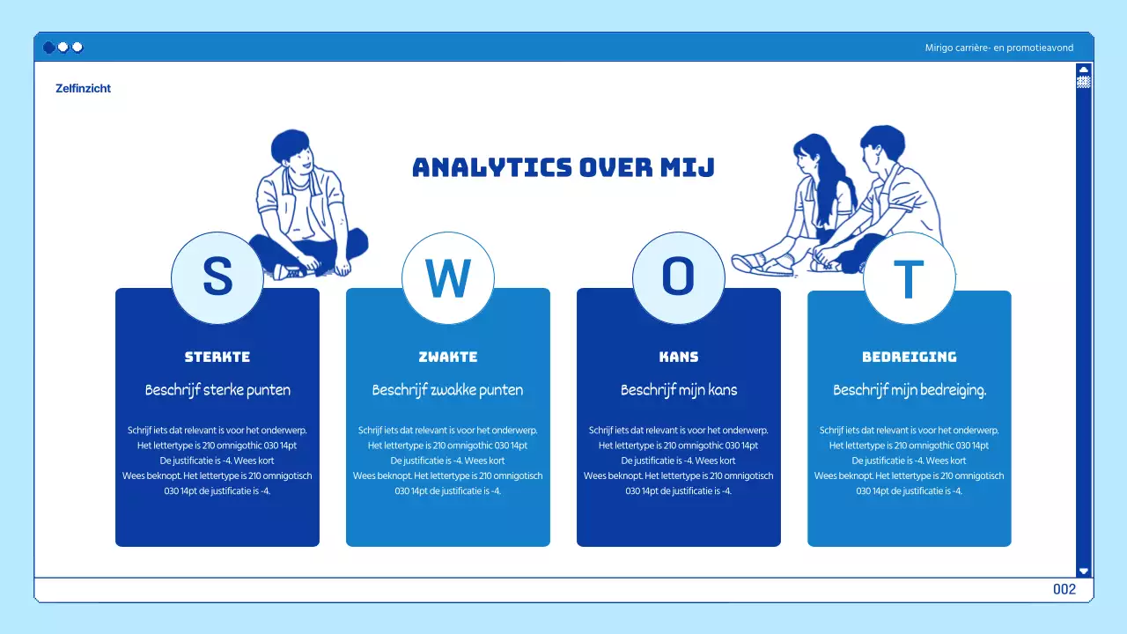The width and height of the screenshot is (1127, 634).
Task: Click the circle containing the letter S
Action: click(217, 277)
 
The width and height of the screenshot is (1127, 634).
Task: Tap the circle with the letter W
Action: click(447, 277)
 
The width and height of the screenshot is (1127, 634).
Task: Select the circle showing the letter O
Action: click(678, 277)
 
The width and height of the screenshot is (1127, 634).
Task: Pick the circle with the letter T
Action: click(909, 278)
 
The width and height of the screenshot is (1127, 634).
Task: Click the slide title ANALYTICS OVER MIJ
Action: click(563, 167)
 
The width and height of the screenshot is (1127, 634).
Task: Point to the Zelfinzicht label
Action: click(83, 88)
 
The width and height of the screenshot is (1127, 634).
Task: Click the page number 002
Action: click(1064, 589)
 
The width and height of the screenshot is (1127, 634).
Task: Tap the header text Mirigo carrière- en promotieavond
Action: click(999, 48)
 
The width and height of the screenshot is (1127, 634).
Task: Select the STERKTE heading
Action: click(217, 357)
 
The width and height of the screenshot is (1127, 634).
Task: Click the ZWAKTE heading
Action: click(448, 357)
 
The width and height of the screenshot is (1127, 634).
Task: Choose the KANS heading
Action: click(679, 357)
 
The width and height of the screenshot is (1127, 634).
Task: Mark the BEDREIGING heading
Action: click(910, 357)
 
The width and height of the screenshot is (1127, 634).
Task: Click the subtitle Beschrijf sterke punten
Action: click(217, 389)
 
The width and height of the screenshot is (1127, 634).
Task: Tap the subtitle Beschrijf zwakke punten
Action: click(447, 389)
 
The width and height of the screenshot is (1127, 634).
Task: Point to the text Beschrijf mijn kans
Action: click(679, 389)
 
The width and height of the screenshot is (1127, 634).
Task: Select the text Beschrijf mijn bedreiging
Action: click(910, 389)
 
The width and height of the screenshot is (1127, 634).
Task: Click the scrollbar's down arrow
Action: click(1084, 571)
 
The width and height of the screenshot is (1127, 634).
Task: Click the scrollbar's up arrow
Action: click(1084, 69)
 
